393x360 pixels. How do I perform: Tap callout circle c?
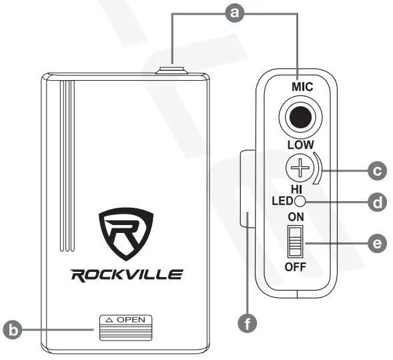378,172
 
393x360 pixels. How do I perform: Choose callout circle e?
378,244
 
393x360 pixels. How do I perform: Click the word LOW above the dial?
302,144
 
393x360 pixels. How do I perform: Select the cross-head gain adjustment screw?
302,168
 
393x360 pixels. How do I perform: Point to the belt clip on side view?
246,190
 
